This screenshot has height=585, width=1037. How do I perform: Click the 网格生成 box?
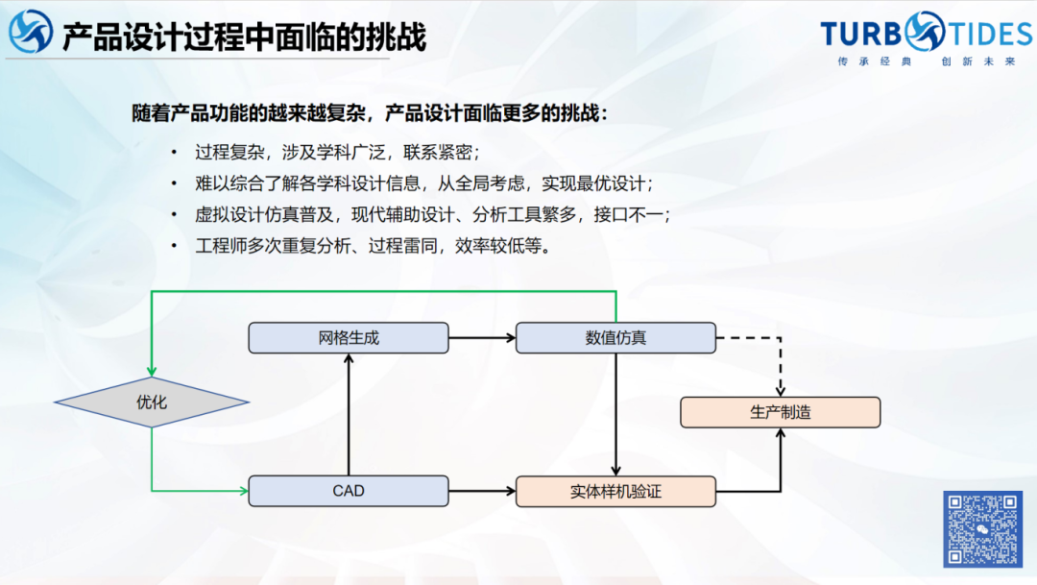click(349, 338)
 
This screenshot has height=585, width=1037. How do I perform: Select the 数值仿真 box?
click(615, 338)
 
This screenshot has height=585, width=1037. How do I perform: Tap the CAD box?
click(349, 491)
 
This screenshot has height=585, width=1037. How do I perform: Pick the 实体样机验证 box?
click(615, 491)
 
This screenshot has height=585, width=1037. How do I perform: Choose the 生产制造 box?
click(780, 412)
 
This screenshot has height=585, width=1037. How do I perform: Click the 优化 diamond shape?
click(152, 402)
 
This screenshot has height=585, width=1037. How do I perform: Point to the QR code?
click(981, 528)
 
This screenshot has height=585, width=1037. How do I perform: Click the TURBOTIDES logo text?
click(926, 35)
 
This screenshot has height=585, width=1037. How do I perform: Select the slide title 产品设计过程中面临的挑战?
click(244, 37)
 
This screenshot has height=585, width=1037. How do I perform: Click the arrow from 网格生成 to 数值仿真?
click(482, 338)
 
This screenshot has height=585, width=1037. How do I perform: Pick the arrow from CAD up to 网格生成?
click(349, 413)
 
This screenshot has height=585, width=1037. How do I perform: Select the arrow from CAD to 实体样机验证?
click(482, 491)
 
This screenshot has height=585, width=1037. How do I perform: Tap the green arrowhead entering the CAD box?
click(242, 491)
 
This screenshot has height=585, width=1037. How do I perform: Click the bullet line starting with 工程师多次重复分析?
click(373, 246)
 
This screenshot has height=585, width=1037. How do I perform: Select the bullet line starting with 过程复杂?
click(336, 152)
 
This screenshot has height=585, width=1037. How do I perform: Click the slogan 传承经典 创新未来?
click(926, 61)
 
